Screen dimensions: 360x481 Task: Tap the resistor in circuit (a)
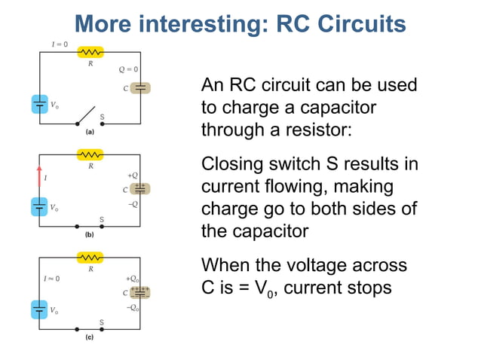(x=91, y=52)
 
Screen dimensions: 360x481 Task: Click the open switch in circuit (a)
(x=88, y=117)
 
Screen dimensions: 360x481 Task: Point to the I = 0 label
(x=60, y=44)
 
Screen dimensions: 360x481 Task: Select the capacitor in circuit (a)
(x=141, y=88)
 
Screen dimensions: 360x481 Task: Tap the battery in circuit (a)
(x=40, y=104)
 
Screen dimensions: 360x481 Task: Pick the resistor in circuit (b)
(x=91, y=155)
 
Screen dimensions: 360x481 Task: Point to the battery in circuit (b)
(x=40, y=206)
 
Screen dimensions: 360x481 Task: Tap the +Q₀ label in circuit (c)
(x=132, y=278)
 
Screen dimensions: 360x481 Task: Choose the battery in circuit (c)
(x=40, y=310)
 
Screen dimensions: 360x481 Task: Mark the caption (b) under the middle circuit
(x=89, y=234)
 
